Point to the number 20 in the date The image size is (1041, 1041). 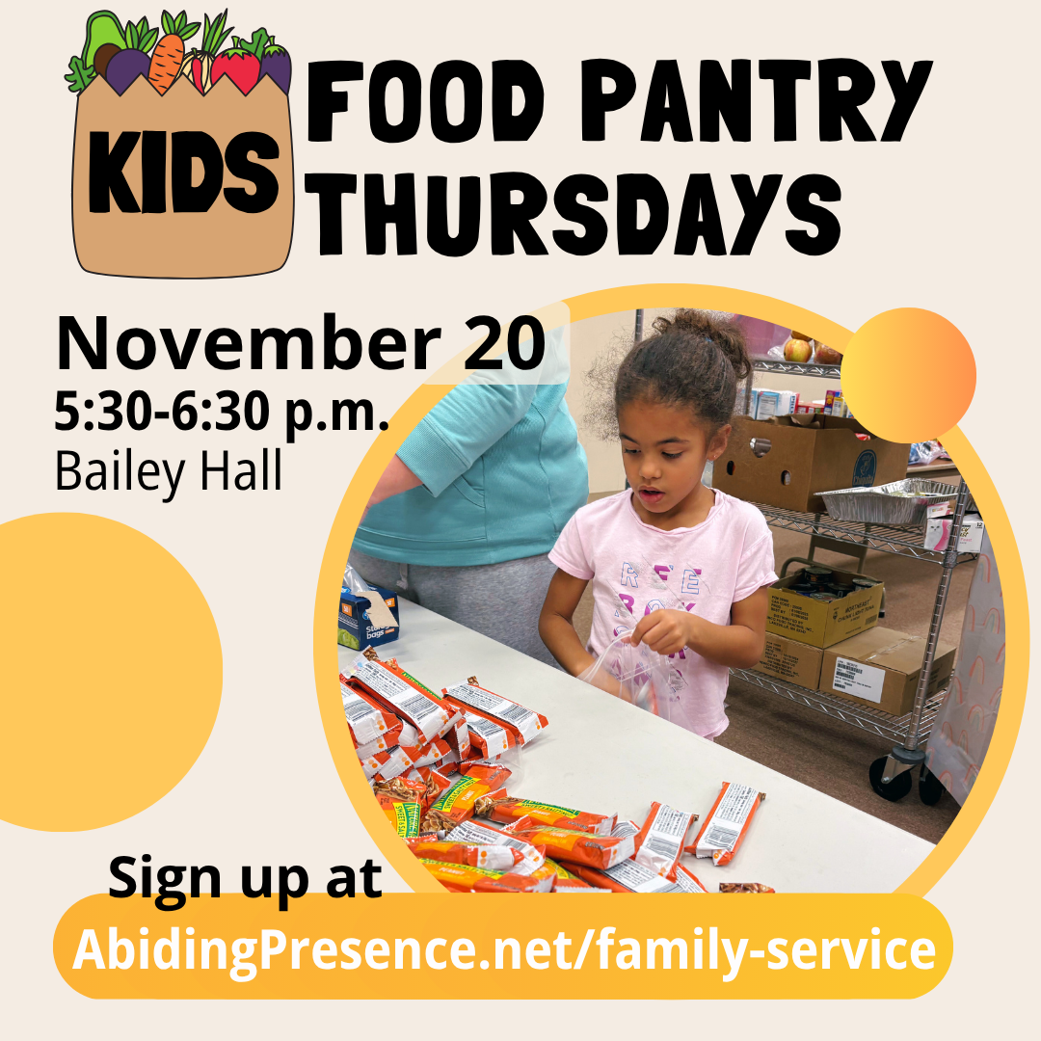[x=497, y=344]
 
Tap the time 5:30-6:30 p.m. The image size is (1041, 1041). [x=222, y=415]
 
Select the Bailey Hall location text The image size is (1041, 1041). [x=169, y=471]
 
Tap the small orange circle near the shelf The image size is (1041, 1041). [x=908, y=375]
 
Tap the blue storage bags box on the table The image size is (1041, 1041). [x=367, y=616]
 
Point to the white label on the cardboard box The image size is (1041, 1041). [x=858, y=679]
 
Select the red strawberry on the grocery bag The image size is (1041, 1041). [x=235, y=70]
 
